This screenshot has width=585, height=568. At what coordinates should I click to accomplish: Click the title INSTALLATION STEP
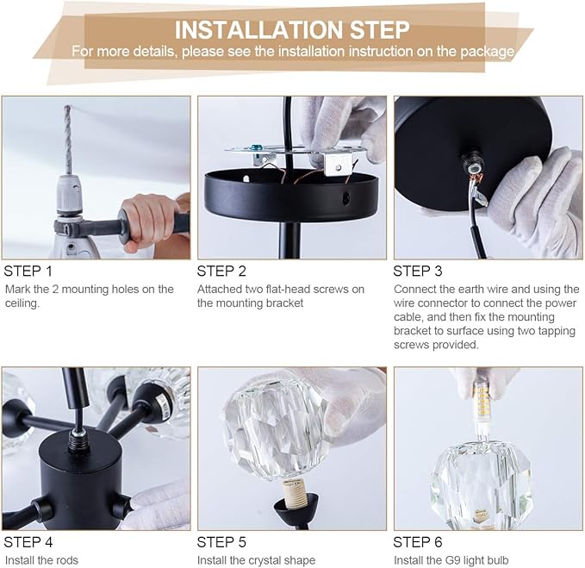pyautogui.click(x=292, y=30)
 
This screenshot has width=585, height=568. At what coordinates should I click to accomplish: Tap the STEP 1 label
pyautogui.click(x=28, y=272)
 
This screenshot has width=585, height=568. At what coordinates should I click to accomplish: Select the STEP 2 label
pyautogui.click(x=221, y=272)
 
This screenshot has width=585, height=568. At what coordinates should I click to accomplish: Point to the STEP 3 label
pyautogui.click(x=418, y=272)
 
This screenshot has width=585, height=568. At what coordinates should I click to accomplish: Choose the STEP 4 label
pyautogui.click(x=28, y=542)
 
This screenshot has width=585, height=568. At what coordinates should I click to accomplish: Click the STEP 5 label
pyautogui.click(x=221, y=542)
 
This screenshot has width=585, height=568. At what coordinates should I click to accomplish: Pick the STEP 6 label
pyautogui.click(x=418, y=542)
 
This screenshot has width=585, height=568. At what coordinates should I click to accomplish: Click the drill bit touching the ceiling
pyautogui.click(x=67, y=140)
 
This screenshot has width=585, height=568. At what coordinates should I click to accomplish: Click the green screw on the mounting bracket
pyautogui.click(x=256, y=148)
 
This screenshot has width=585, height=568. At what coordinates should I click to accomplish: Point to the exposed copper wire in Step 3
pyautogui.click(x=474, y=178)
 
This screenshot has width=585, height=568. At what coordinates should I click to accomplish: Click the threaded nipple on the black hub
pyautogui.click(x=78, y=440)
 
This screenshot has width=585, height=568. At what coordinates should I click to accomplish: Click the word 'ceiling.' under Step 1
pyautogui.click(x=22, y=303)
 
